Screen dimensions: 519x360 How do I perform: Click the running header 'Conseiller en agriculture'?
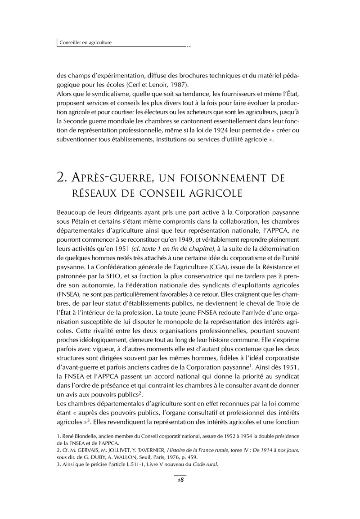(86, 43)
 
